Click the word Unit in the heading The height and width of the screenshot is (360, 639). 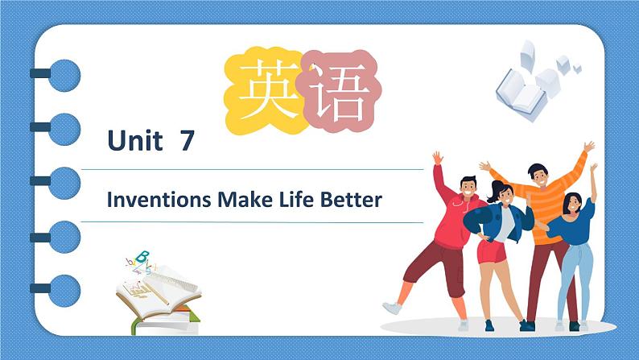[x=135, y=142]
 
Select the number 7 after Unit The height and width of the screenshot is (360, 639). [x=188, y=142]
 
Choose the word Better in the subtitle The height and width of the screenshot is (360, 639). [x=352, y=200]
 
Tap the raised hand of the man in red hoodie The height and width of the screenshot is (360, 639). [x=438, y=157]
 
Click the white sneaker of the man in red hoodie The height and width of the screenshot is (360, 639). [x=392, y=308]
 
